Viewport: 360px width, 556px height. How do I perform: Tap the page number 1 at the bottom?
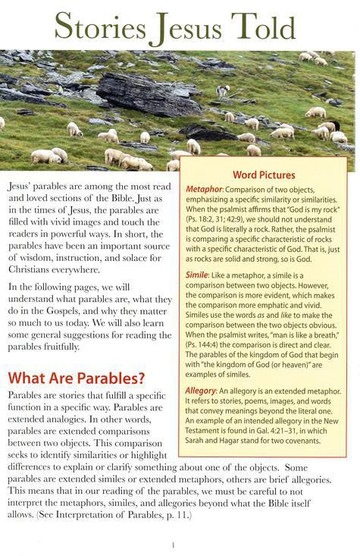point(174,544)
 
